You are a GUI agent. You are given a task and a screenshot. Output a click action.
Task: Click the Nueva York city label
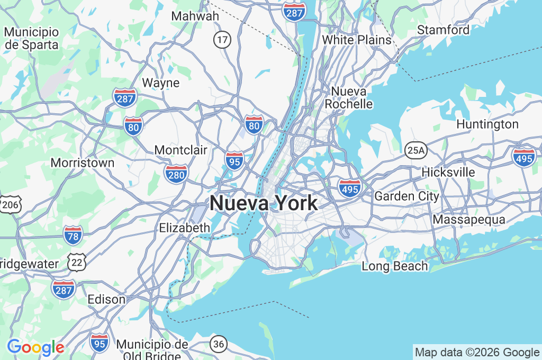pos(264,203)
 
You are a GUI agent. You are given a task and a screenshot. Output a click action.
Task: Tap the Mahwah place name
pos(195,16)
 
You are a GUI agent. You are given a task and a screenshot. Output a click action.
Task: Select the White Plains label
pos(357,40)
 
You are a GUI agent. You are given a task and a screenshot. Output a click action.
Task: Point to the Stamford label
pos(443,30)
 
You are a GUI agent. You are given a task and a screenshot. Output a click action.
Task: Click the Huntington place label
pos(487,124)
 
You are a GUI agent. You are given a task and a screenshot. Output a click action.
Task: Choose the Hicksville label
pos(448,173)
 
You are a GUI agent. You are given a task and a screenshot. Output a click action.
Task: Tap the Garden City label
pos(406,196)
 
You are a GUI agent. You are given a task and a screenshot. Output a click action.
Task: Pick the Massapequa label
pos(468,219)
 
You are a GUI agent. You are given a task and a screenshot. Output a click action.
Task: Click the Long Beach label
pos(395,266)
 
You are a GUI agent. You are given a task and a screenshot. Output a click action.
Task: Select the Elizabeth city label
pos(185,228)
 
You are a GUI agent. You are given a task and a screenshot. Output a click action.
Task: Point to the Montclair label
pos(181,150)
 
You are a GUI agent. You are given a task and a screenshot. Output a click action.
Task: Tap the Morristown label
pos(83,163)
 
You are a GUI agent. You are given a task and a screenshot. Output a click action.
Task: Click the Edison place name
pos(106,299)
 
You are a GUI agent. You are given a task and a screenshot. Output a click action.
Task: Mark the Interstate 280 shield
pos(176,174)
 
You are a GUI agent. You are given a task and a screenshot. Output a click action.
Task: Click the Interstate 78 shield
pos(73,235)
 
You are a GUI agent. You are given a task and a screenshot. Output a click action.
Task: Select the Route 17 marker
pos(222,39)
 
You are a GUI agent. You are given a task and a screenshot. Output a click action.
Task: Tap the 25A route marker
pos(416,151)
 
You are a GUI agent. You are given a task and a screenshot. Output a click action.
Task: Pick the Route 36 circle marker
pos(219,344)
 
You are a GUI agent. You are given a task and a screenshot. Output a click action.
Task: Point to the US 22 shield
pos(77,261)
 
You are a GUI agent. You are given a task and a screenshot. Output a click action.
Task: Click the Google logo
pos(35,347)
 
